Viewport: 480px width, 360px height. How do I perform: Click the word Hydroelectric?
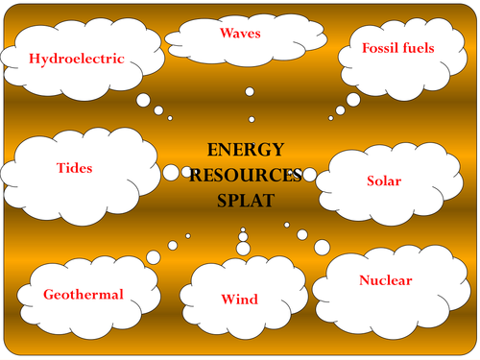coord(77,59)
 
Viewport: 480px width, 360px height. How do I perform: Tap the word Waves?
coord(240,34)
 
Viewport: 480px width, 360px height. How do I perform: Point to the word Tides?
coord(74,168)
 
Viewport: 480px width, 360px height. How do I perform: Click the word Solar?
coord(384,180)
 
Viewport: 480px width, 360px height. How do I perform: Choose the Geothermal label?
coord(84,295)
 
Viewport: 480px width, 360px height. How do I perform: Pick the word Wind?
coord(240,300)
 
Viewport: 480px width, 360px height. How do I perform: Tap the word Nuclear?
coord(385,280)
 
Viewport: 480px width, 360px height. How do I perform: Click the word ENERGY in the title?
coord(246,150)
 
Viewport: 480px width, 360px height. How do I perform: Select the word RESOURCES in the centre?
coord(246,176)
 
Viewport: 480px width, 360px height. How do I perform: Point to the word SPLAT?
coord(246,202)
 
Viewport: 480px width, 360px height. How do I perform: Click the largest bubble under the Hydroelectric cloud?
coord(143,100)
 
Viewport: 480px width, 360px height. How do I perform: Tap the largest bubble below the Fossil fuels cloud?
coord(354,100)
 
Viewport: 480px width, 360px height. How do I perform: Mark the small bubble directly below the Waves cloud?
coord(249,91)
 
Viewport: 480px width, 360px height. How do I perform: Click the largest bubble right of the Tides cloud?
coord(171,173)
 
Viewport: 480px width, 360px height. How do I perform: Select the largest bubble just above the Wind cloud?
coord(243,249)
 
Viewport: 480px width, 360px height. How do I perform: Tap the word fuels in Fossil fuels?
coord(418,46)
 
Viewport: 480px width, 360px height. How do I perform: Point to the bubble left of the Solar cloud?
coord(309,175)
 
